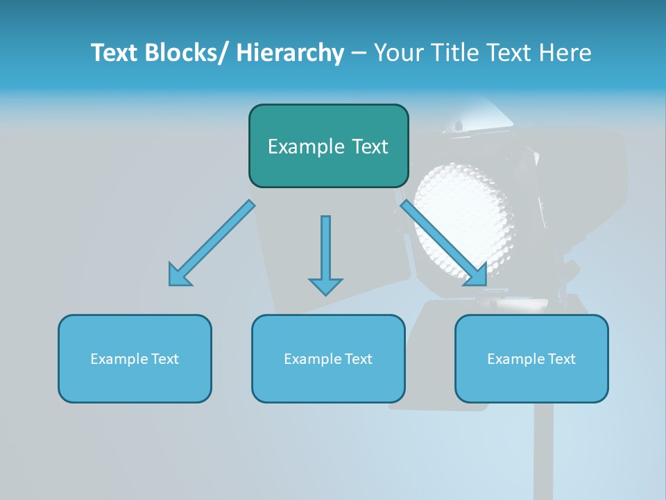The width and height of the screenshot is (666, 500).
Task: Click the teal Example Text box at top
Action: click(328, 146)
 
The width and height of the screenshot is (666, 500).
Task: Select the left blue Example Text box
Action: click(135, 358)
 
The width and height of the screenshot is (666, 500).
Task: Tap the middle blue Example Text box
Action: click(328, 358)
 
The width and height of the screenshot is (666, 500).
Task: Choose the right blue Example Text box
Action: click(531, 358)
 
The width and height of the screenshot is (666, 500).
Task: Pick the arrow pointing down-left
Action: click(212, 243)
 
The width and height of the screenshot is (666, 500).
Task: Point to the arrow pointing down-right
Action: click(444, 243)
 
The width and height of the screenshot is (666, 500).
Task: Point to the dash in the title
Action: click(358, 54)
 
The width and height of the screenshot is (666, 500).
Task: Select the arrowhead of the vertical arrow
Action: click(325, 285)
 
